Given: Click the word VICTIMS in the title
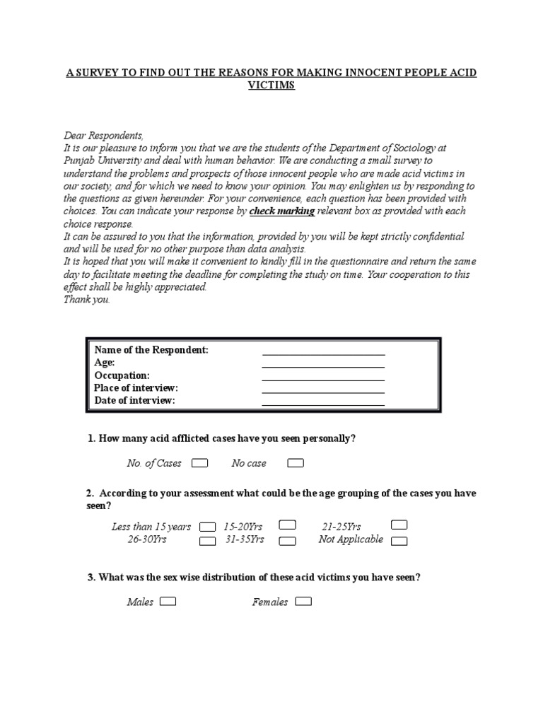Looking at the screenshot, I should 271,86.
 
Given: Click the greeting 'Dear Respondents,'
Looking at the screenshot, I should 103,135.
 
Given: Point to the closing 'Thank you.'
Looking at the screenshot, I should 87,299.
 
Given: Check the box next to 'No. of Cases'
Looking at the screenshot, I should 200,463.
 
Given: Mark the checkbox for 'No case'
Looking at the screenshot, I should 296,463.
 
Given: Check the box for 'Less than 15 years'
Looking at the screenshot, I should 207,527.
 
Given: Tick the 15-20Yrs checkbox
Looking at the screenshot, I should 287,525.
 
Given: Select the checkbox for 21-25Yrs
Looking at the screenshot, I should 399,525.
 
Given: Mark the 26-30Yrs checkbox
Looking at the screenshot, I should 207,542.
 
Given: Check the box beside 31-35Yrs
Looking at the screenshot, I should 287,542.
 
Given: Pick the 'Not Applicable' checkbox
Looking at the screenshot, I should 399,542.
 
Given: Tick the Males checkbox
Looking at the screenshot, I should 168,602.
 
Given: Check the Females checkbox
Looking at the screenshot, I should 303,602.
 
